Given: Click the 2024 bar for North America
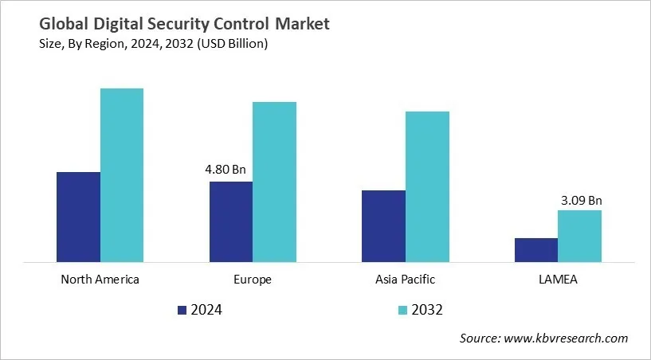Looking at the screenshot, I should click(78, 217).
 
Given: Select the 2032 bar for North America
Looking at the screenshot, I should click(122, 174).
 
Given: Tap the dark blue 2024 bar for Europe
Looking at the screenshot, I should click(231, 221).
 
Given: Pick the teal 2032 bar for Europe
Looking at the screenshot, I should click(274, 182).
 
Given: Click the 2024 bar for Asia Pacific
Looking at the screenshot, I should click(383, 225).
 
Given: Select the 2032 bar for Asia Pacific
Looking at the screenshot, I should click(427, 186).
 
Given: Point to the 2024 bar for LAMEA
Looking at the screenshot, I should click(535, 249).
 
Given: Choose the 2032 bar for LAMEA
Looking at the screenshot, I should click(579, 236).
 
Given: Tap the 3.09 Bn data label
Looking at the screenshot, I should click(581, 200).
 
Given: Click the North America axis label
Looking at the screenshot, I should click(100, 280).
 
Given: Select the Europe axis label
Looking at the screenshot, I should click(253, 280).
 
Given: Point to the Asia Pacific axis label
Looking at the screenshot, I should click(405, 280).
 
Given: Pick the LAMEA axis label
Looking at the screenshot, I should click(558, 280).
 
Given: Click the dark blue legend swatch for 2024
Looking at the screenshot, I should click(182, 310).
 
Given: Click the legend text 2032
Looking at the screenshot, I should click(427, 310).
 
